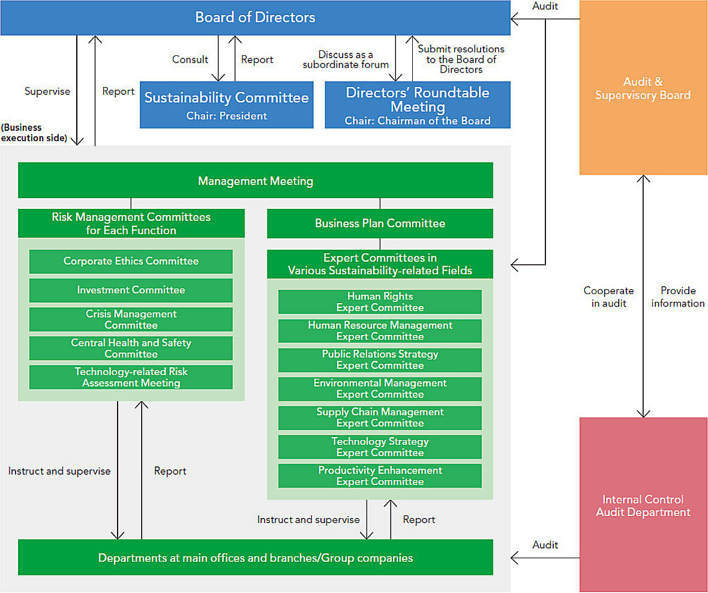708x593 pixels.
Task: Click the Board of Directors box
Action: point(256,17)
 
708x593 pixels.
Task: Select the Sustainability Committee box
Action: point(227,105)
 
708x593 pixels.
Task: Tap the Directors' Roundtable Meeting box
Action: point(418,105)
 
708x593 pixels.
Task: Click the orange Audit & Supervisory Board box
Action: point(643,88)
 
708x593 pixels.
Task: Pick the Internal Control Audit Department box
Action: point(643,505)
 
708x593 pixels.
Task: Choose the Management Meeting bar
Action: point(256,180)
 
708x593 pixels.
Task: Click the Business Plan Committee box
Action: point(380,223)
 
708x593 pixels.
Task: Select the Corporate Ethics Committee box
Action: point(131,262)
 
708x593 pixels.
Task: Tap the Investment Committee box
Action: point(131,290)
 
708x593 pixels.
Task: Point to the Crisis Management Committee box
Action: point(131,319)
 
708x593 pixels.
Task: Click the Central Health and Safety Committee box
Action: point(131,348)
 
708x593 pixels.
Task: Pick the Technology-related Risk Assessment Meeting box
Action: point(131,377)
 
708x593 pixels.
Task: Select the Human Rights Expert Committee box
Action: point(380,302)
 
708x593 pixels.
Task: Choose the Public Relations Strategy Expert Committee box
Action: point(380,360)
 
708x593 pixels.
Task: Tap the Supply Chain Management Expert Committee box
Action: point(380,418)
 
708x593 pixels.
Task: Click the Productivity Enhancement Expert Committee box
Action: point(380,475)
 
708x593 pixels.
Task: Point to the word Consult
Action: point(190,59)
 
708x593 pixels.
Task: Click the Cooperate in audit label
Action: point(608,296)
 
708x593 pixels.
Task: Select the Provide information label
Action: point(678,296)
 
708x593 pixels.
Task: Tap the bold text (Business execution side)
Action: point(34,133)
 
